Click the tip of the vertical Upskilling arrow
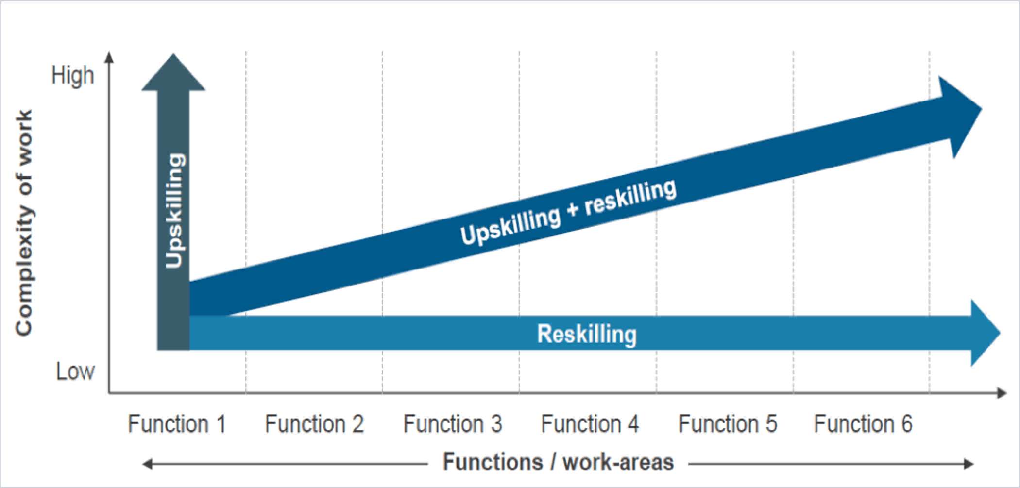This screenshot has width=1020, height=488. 173,54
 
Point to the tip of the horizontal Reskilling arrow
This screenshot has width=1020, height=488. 1000,333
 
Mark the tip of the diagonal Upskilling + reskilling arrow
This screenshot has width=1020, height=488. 982,109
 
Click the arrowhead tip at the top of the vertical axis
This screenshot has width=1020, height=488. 109,52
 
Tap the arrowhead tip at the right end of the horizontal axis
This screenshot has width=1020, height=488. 1006,393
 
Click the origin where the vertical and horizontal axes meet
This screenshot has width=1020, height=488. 109,393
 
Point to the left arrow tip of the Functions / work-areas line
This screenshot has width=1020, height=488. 143,464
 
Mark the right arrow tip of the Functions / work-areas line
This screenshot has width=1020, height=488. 974,464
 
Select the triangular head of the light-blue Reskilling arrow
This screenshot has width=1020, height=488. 984,333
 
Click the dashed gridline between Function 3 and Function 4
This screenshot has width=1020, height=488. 519,221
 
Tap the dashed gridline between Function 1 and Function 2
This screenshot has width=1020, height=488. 246,221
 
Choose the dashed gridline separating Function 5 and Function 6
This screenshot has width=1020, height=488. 793,221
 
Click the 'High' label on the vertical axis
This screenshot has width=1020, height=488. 73,76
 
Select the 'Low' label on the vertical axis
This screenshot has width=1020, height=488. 75,372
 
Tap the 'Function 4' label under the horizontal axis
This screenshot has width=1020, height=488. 590,424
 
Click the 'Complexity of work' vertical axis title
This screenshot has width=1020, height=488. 24,223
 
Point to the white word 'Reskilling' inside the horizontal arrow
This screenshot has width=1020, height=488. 587,334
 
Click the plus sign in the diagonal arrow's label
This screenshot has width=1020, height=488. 573,210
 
